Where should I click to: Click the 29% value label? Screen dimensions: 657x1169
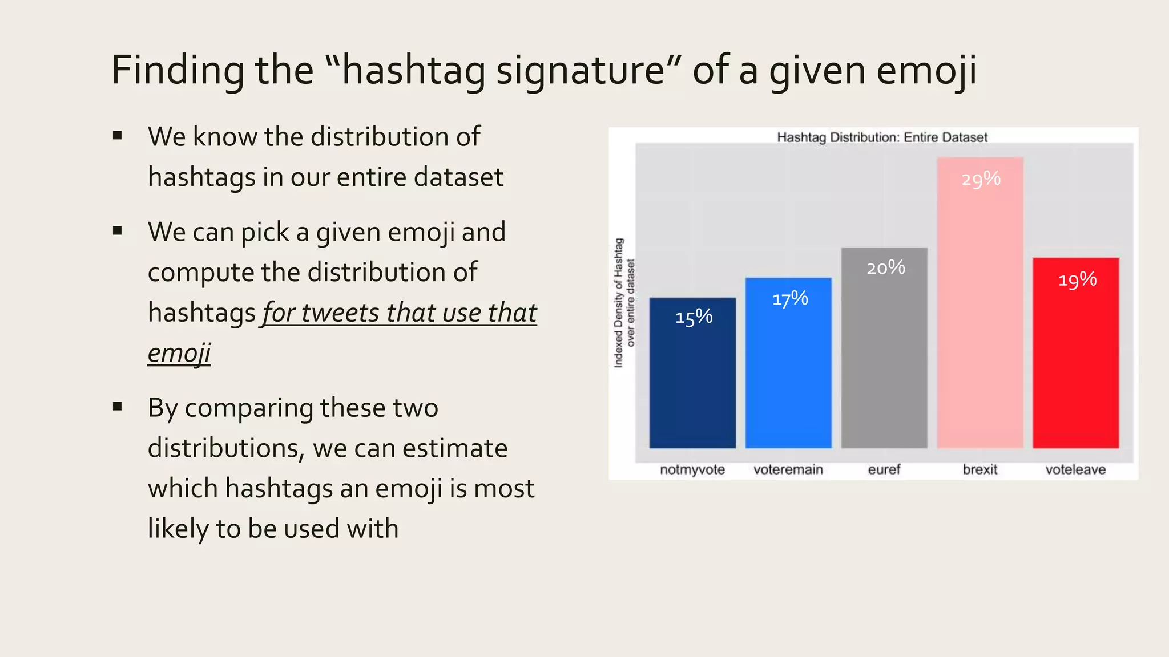pyautogui.click(x=981, y=179)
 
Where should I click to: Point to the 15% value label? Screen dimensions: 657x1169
pyautogui.click(x=694, y=317)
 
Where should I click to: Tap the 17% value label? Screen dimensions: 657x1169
pyautogui.click(x=790, y=298)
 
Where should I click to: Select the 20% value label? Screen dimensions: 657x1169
pyautogui.click(x=886, y=267)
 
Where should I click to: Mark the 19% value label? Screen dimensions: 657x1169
pyautogui.click(x=1077, y=279)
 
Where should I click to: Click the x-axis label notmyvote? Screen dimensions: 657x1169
pyautogui.click(x=692, y=469)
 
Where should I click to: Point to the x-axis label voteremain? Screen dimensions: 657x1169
pyautogui.click(x=788, y=469)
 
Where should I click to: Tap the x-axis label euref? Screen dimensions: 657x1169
pyautogui.click(x=884, y=469)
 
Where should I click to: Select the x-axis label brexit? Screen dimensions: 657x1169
pyautogui.click(x=980, y=469)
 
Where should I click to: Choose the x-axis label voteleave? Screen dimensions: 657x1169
pyautogui.click(x=1075, y=469)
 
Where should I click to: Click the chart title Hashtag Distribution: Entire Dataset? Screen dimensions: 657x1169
pyautogui.click(x=882, y=137)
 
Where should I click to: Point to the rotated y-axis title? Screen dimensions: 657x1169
pyautogui.click(x=624, y=302)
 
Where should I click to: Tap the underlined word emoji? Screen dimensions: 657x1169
pyautogui.click(x=179, y=353)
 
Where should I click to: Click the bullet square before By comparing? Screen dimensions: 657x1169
pyautogui.click(x=118, y=407)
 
